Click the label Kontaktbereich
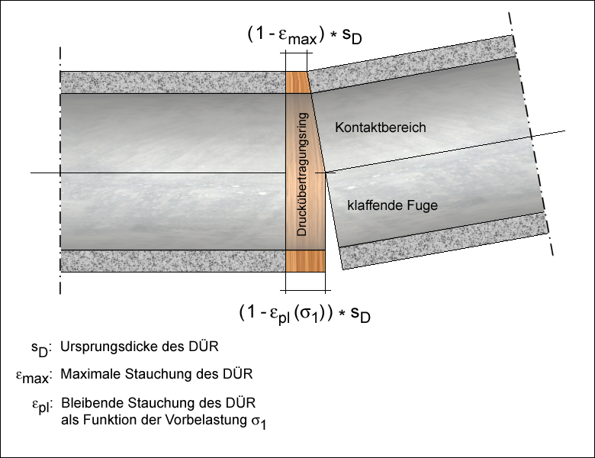coord(380,127)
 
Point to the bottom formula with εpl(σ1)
coord(309,313)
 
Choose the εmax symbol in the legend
coord(31,376)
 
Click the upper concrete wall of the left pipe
coord(172,82)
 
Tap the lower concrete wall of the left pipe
coord(172,261)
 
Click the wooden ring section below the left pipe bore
coord(305,261)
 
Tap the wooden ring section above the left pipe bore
coord(297,82)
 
